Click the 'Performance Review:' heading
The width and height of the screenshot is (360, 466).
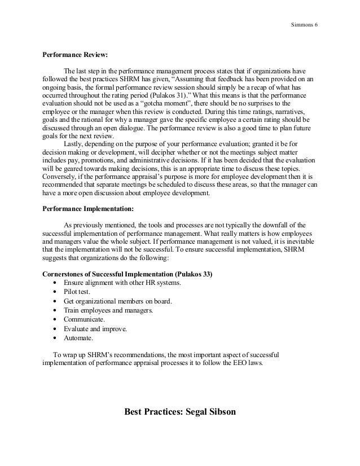coord(75,56)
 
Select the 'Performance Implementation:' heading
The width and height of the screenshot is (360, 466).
coord(88,208)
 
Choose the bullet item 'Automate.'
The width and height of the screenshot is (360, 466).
coord(78,338)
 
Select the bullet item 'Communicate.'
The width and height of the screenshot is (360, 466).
coord(85,320)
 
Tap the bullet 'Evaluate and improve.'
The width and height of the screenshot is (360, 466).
coord(95,329)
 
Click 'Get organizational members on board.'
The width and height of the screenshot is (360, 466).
coord(118,301)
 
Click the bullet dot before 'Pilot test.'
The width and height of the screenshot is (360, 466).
coord(54,292)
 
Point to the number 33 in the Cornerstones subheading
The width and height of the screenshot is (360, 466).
coord(207,274)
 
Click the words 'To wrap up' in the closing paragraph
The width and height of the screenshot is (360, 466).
coord(67,354)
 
